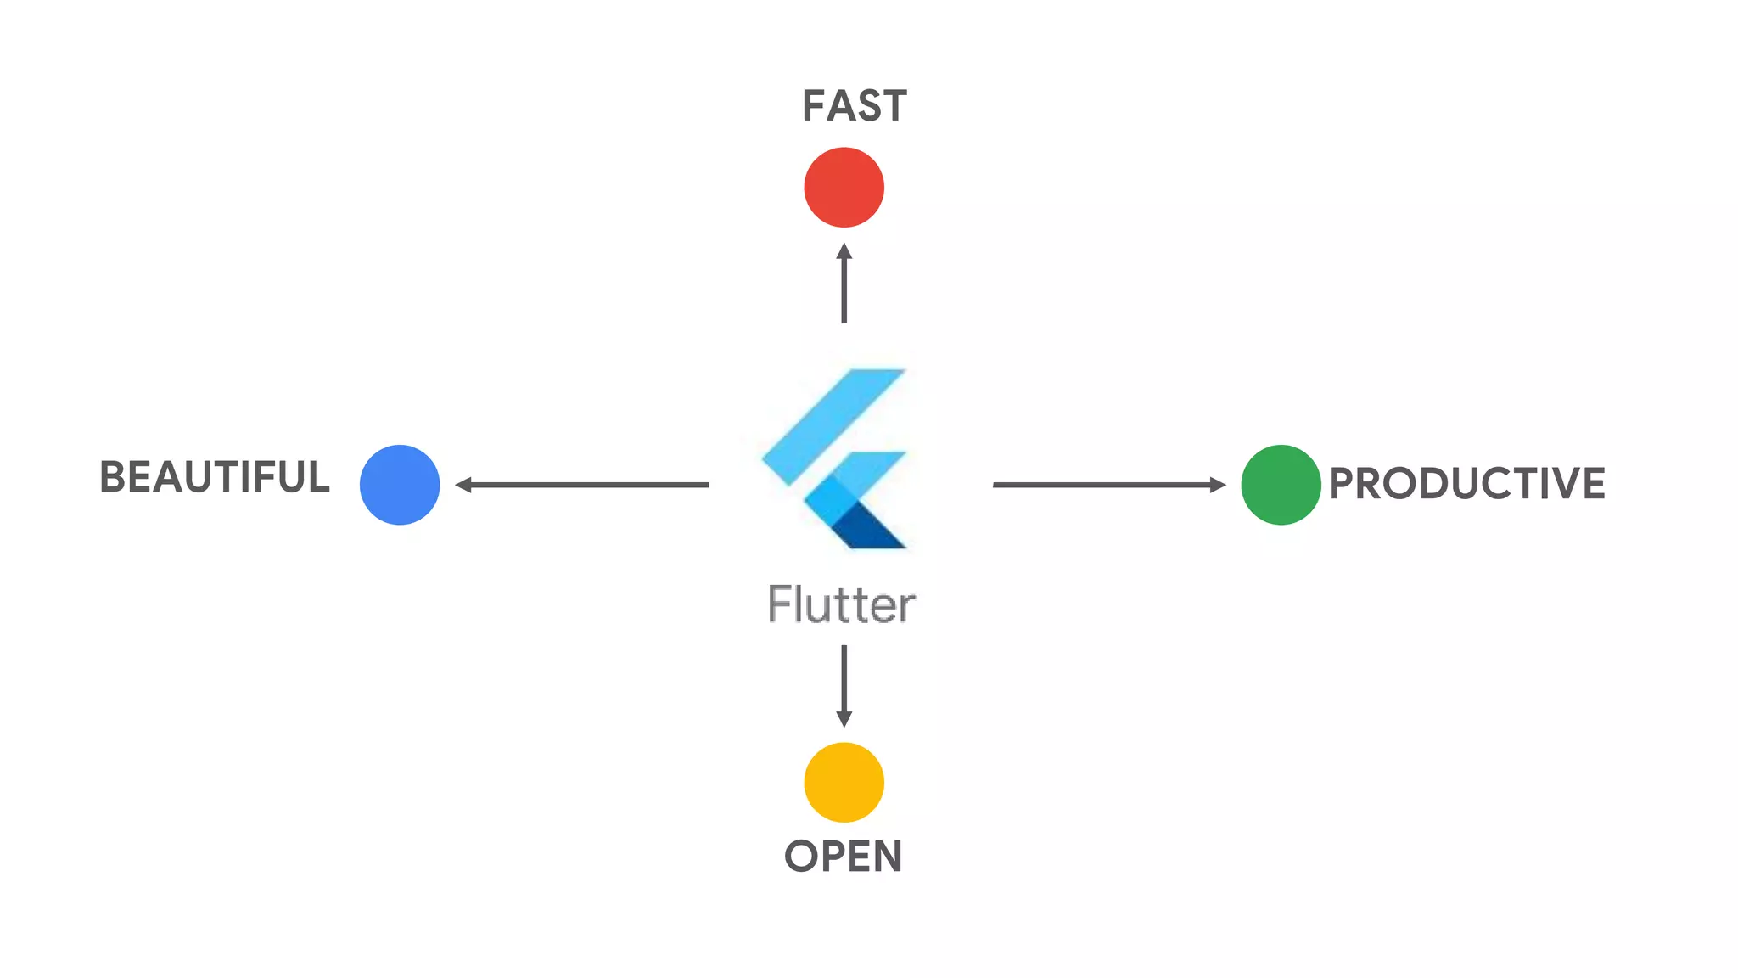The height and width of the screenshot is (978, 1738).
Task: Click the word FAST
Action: pyautogui.click(x=854, y=106)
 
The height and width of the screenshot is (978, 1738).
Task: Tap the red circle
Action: pyautogui.click(x=844, y=187)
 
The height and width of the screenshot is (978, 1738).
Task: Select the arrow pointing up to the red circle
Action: pyautogui.click(x=844, y=284)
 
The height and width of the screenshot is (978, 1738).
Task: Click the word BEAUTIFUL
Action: pyautogui.click(x=215, y=477)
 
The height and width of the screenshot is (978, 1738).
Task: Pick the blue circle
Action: pyautogui.click(x=400, y=485)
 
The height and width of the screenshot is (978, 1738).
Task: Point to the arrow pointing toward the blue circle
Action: pyautogui.click(x=586, y=485)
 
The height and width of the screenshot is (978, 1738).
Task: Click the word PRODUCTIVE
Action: pyautogui.click(x=1466, y=483)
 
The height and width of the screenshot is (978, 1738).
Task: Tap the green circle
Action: pyautogui.click(x=1280, y=485)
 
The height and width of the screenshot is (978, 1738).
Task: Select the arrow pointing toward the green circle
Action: pyautogui.click(x=1107, y=485)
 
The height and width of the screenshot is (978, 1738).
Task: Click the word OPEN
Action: pyautogui.click(x=843, y=856)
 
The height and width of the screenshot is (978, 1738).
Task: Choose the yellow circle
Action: pyautogui.click(x=844, y=782)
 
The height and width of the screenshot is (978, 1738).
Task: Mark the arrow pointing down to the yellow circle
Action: pyautogui.click(x=844, y=684)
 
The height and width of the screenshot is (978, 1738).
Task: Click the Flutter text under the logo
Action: pyautogui.click(x=841, y=604)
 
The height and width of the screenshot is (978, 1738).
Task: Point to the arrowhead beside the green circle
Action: pyautogui.click(x=1219, y=485)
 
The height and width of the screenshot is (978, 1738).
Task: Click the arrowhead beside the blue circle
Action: pyautogui.click(x=463, y=485)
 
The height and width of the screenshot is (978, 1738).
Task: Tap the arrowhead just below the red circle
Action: pyautogui.click(x=844, y=251)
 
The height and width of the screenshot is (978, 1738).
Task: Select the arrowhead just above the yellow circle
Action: pyautogui.click(x=844, y=719)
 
